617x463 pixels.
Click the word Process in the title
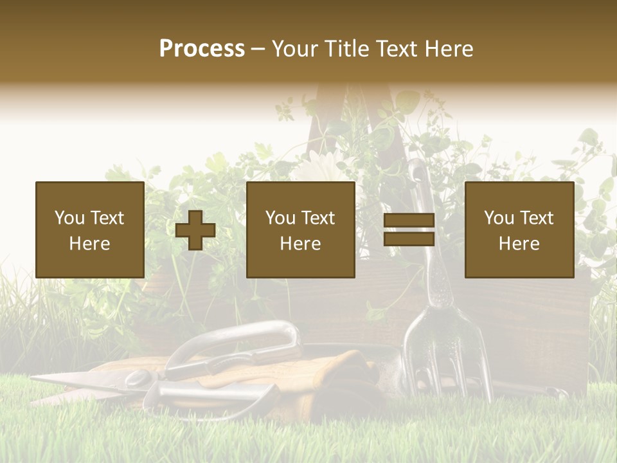(202, 48)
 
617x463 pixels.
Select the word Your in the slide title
(294, 48)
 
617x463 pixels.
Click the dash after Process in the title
(258, 50)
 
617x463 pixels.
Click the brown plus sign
(195, 230)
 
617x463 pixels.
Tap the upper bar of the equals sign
(409, 221)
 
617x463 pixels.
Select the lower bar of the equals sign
(409, 239)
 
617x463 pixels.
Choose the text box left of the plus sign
(90, 230)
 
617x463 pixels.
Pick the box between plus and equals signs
(300, 230)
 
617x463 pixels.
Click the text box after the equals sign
(519, 230)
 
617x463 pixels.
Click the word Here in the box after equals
(519, 244)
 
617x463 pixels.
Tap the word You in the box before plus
(69, 218)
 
